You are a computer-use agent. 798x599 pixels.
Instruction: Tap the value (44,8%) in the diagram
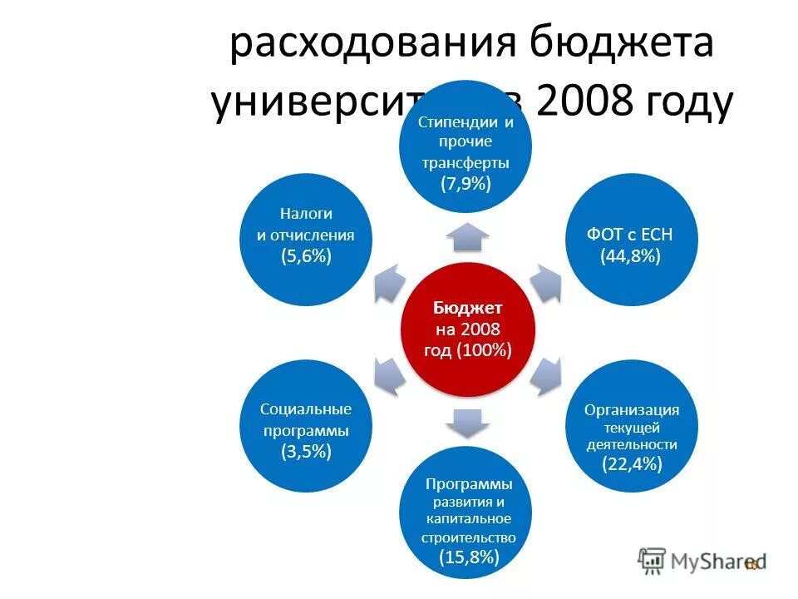(630, 256)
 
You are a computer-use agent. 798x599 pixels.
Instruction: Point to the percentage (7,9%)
(465, 184)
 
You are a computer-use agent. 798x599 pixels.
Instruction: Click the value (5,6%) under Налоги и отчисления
(306, 256)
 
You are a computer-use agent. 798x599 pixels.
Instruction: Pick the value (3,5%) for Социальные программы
(306, 452)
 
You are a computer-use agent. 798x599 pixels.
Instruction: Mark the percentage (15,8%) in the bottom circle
(469, 557)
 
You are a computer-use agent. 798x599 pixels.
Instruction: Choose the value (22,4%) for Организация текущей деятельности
(632, 463)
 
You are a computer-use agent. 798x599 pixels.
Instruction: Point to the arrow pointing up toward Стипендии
(467, 236)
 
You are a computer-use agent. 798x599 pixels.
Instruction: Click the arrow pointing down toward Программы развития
(467, 423)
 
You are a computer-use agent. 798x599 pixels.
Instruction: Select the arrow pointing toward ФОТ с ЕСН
(545, 284)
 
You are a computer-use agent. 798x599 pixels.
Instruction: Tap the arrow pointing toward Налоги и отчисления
(389, 284)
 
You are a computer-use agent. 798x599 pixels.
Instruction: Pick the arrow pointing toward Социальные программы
(389, 375)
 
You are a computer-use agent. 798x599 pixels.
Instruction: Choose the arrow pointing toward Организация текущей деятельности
(545, 375)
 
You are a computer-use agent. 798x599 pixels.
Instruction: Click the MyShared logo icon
(653, 562)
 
